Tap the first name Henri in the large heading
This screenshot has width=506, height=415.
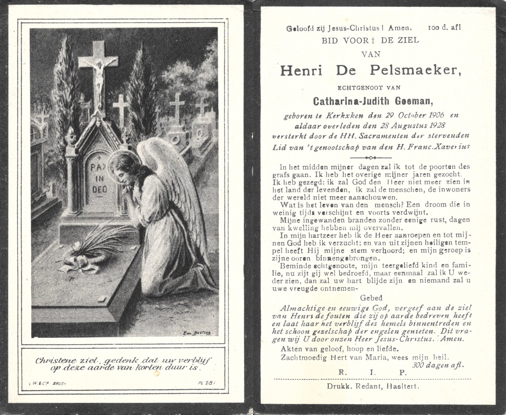[x=301, y=70]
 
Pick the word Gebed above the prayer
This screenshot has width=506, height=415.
[x=371, y=298]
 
